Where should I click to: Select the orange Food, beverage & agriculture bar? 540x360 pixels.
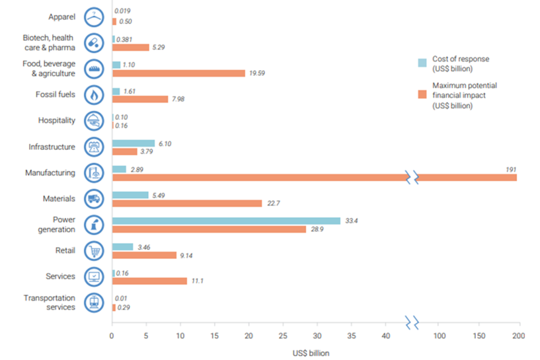[179, 73]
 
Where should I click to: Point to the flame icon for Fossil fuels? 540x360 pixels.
[94, 95]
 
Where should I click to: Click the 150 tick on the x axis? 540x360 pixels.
[479, 336]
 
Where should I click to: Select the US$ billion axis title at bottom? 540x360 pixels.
[311, 353]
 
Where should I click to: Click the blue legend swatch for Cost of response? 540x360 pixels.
[422, 63]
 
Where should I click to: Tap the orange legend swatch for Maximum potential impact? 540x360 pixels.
[422, 95]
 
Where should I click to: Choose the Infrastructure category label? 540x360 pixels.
[52, 147]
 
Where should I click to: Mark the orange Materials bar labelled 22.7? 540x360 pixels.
[187, 203]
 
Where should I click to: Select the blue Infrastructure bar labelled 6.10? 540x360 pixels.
[133, 143]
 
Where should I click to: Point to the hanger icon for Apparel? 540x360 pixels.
[94, 16]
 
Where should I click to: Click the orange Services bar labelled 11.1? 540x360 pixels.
[149, 281]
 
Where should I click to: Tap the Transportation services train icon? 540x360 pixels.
[94, 303]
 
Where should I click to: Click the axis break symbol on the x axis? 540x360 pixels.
[412, 320]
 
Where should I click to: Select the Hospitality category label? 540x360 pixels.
[56, 121]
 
